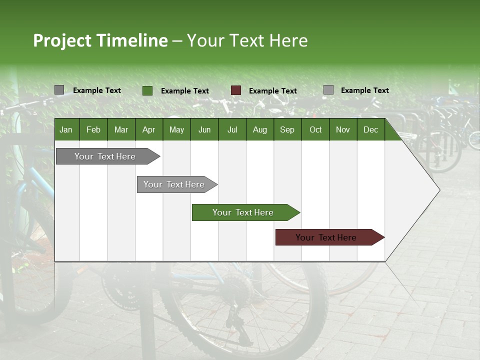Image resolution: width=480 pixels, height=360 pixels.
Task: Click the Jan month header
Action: [66, 130]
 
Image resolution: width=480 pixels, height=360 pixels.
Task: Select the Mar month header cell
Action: [121, 130]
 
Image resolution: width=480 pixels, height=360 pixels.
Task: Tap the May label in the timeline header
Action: [176, 130]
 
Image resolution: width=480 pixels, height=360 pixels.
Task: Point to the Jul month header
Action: [232, 130]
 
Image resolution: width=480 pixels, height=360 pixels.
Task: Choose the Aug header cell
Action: [259, 130]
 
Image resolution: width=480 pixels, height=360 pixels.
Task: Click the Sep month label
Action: [287, 130]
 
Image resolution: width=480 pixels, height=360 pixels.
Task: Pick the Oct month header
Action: [315, 130]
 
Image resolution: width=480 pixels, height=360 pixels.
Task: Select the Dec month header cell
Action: [370, 130]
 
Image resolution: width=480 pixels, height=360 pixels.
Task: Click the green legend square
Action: [147, 90]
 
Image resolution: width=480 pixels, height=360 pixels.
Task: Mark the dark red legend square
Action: [236, 90]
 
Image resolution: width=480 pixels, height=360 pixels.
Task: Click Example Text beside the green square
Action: [184, 91]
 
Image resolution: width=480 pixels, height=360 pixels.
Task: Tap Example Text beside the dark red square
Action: [272, 91]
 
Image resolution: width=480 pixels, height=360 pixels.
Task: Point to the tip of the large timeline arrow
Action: [438, 190]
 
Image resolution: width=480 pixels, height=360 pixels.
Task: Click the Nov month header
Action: [343, 130]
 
